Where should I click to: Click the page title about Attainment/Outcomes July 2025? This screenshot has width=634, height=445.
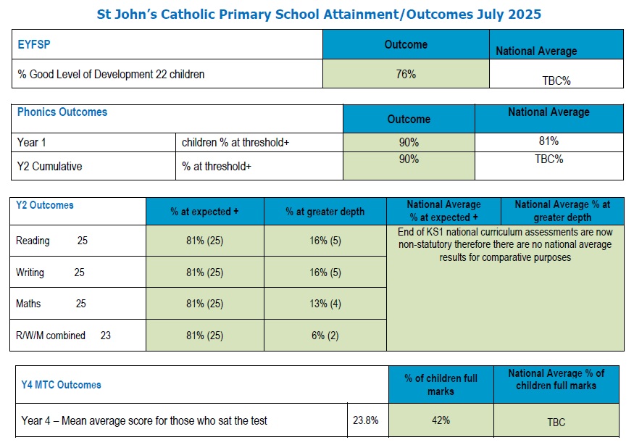click(x=319, y=14)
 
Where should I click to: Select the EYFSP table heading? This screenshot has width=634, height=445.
click(x=33, y=44)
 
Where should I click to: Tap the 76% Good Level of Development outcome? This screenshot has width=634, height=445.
click(x=406, y=74)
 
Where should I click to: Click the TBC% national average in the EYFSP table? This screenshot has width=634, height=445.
click(x=556, y=80)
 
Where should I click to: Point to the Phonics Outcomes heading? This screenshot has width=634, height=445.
click(x=62, y=112)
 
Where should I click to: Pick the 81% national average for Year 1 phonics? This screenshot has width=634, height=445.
click(x=549, y=141)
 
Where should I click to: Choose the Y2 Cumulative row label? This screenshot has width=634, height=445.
click(x=49, y=166)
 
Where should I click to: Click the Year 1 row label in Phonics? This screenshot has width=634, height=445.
click(x=31, y=142)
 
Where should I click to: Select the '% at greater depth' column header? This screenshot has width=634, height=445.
click(x=325, y=212)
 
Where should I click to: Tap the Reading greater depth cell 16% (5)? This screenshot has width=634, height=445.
click(x=325, y=241)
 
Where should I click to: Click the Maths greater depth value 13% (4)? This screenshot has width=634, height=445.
click(x=325, y=304)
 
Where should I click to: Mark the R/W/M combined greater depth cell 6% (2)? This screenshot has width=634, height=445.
click(x=325, y=336)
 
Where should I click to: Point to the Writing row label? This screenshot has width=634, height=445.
click(x=30, y=273)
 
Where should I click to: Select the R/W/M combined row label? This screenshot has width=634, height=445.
click(x=51, y=336)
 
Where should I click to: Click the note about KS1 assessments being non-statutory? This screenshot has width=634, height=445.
click(x=505, y=245)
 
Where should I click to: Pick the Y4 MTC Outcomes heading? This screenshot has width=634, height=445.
click(x=62, y=385)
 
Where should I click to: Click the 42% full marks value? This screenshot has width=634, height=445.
click(x=441, y=420)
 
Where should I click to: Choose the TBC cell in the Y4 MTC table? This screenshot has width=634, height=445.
click(x=556, y=422)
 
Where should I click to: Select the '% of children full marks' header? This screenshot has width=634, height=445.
click(x=441, y=385)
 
